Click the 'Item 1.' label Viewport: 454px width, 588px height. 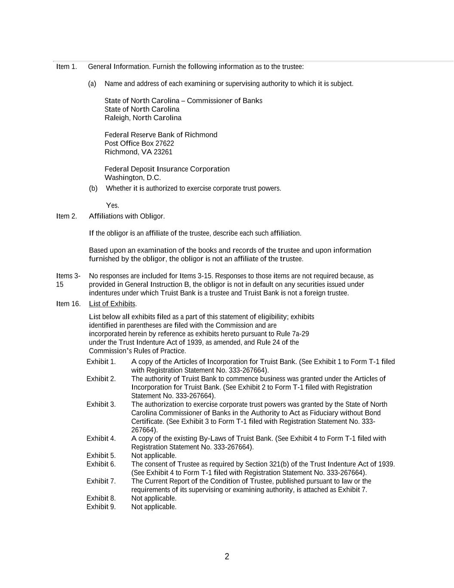pyautogui.click(x=66, y=67)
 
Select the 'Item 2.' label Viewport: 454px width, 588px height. pyautogui.click(x=66, y=216)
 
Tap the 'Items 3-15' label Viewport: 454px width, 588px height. pyautogui.click(x=68, y=280)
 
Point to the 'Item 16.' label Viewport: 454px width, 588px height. pyautogui.click(x=68, y=304)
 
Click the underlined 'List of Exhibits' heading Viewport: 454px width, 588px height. pyautogui.click(x=112, y=304)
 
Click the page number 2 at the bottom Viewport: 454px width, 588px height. pyautogui.click(x=227, y=557)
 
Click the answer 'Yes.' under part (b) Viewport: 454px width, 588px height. pyautogui.click(x=112, y=205)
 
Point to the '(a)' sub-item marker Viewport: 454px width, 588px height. pyautogui.click(x=92, y=84)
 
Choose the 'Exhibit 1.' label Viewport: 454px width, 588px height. pyautogui.click(x=101, y=362)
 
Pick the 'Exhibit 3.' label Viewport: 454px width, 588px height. pyautogui.click(x=101, y=404)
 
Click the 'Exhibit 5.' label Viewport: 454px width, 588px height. pyautogui.click(x=101, y=456)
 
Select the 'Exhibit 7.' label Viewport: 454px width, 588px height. pyautogui.click(x=101, y=481)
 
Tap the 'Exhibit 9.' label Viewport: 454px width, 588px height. pyautogui.click(x=101, y=507)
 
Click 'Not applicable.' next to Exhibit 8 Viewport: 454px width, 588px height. pyautogui.click(x=154, y=498)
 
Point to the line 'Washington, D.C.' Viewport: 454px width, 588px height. pyautogui.click(x=133, y=178)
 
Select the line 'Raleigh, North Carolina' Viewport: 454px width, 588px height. pyautogui.click(x=143, y=118)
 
